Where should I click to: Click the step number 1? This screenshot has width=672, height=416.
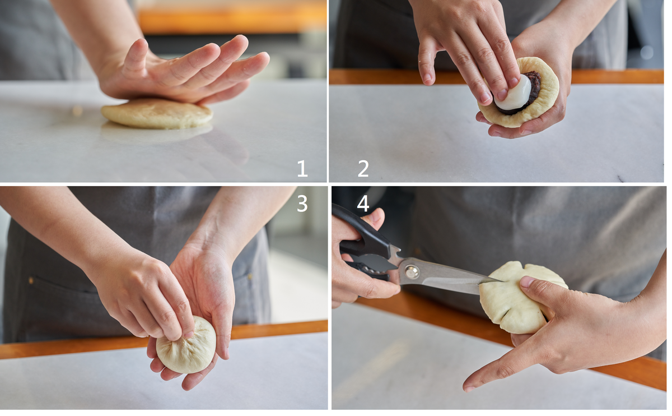point(302,168)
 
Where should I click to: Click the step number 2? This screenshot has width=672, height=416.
point(363,168)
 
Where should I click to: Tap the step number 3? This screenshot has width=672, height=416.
point(302,204)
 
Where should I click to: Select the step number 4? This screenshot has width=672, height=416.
point(363,204)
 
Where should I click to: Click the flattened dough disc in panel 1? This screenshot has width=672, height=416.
point(157,114)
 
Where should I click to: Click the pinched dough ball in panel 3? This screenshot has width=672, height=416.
point(186,345)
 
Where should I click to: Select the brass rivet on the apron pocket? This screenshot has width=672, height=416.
point(31,280)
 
